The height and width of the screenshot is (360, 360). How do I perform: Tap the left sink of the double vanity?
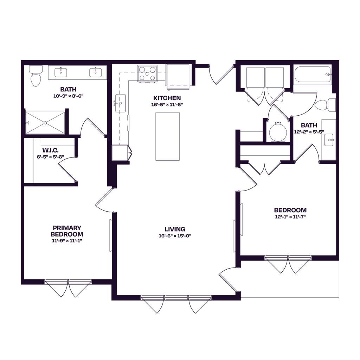pyautogui.click(x=61, y=72)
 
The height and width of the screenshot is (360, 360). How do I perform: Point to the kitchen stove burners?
pyautogui.click(x=147, y=74)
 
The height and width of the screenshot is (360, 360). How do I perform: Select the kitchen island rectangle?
pyautogui.click(x=168, y=136)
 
